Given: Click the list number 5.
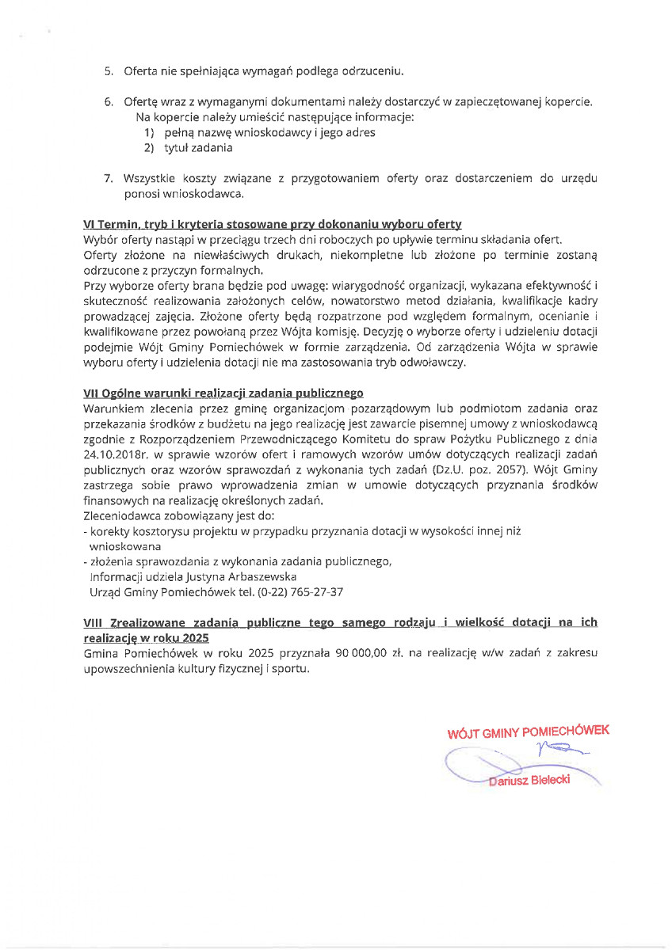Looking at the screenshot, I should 109,72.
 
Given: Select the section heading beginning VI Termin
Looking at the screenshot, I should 272,225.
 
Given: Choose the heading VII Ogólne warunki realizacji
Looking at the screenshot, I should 223,393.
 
